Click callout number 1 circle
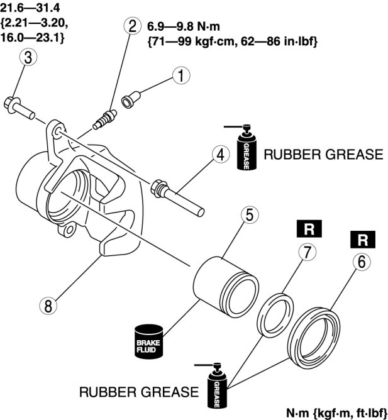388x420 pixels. pos(181,76)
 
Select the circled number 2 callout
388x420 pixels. pos(132,26)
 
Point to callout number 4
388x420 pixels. pos(219,154)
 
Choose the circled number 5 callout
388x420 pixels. pos(249,215)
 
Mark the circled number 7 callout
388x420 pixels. pos(306,253)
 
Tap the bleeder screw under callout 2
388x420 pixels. pos(103,119)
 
